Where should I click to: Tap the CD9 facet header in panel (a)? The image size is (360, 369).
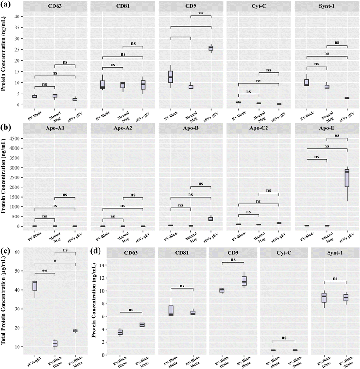tap(190, 7)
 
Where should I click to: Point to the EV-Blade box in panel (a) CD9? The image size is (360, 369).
tap(171, 76)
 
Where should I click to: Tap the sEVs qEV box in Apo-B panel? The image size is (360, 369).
tap(211, 219)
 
